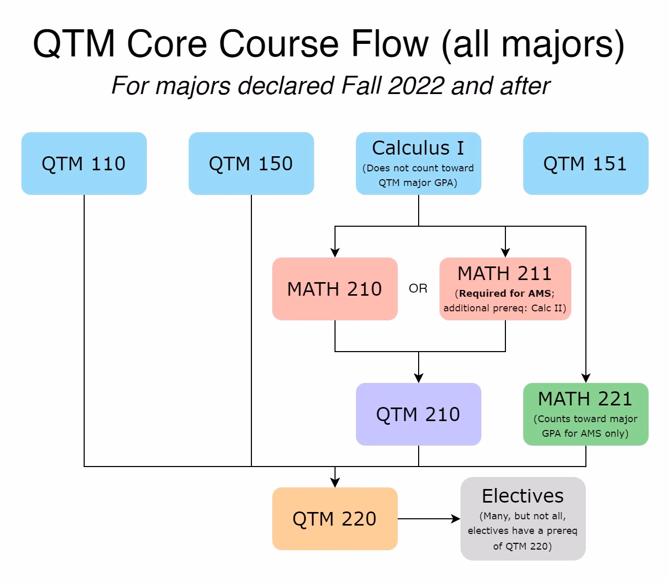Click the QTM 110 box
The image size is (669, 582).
pos(84,164)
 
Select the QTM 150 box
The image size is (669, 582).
pos(251,164)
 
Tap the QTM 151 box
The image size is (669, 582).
pos(585,164)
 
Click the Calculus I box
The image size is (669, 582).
pos(418,164)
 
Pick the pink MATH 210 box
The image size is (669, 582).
pos(334,289)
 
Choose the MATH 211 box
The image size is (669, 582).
pos(505,289)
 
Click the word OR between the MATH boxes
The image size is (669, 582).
pos(418,288)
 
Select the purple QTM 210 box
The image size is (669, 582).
pos(418,414)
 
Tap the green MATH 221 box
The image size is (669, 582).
pos(585,414)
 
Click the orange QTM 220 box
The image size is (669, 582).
pos(334,519)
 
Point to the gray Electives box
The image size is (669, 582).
pos(523,519)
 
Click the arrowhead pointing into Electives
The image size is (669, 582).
pos(456,519)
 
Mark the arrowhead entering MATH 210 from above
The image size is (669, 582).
pos(335,252)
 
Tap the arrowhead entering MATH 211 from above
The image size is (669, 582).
pos(505,252)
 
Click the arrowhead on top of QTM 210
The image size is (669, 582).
pos(419,378)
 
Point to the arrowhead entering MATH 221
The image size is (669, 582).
pos(586,378)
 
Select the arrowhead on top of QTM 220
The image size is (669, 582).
pos(335,482)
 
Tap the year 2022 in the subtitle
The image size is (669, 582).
pos(415,86)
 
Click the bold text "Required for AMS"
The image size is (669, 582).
pos(505,293)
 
